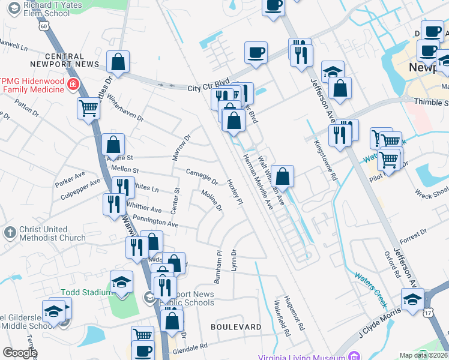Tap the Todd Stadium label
pyautogui.click(x=86, y=292)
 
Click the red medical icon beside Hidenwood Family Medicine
pyautogui.click(x=73, y=84)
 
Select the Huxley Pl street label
pyautogui.click(x=235, y=192)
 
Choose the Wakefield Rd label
pyautogui.click(x=282, y=317)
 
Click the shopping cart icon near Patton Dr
pyautogui.click(x=88, y=109)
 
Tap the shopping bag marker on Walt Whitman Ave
pyautogui.click(x=282, y=176)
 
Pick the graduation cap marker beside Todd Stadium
pyautogui.click(x=121, y=283)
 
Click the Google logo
pyautogui.click(x=20, y=353)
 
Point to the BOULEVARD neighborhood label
pyautogui.click(x=236, y=327)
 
